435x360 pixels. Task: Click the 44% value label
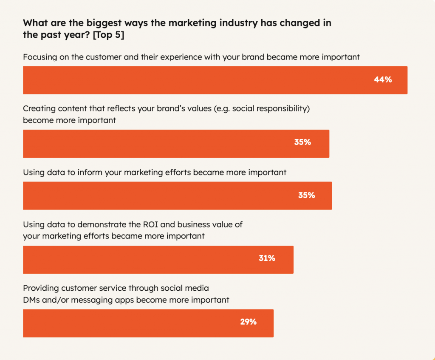pos(383,79)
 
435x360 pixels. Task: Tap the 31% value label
pos(267,258)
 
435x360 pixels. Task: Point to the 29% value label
pos(248,322)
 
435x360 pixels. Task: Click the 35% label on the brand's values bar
pos(302,142)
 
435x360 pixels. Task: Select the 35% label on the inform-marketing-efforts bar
pos(306,195)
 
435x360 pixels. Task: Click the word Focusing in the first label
pos(41,57)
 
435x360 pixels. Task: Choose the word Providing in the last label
pos(41,288)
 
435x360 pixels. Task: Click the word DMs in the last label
pos(33,300)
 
